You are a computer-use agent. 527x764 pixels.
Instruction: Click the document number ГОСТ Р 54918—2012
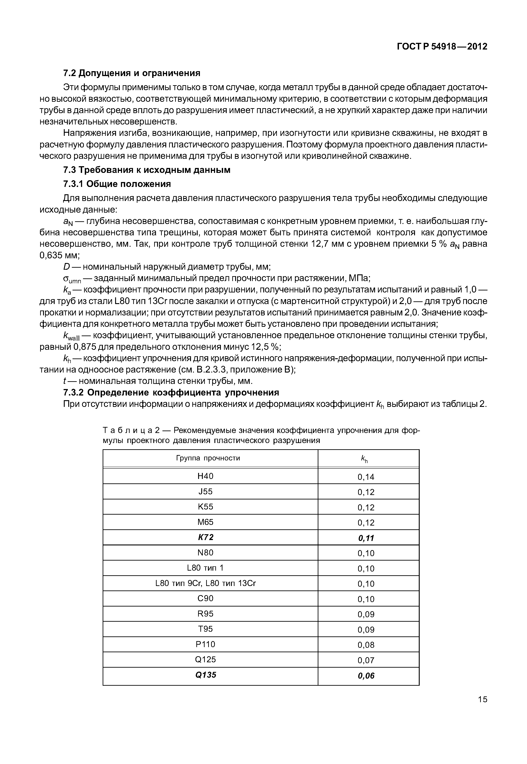(x=442, y=47)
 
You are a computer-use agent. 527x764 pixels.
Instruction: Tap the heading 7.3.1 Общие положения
(x=117, y=184)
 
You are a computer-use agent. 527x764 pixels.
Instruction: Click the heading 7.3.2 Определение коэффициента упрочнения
(x=171, y=393)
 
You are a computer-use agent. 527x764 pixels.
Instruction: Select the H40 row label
(x=205, y=476)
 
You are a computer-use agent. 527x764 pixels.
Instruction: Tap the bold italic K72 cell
(x=205, y=538)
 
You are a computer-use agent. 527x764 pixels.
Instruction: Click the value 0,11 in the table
(x=366, y=538)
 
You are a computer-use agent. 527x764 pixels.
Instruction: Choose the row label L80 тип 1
(x=205, y=568)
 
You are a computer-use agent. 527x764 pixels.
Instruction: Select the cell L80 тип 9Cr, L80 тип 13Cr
(x=205, y=583)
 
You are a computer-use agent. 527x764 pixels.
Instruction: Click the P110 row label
(x=205, y=644)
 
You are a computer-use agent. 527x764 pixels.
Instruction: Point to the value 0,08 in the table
(x=366, y=645)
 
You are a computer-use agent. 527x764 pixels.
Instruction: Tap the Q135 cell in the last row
(x=205, y=675)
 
